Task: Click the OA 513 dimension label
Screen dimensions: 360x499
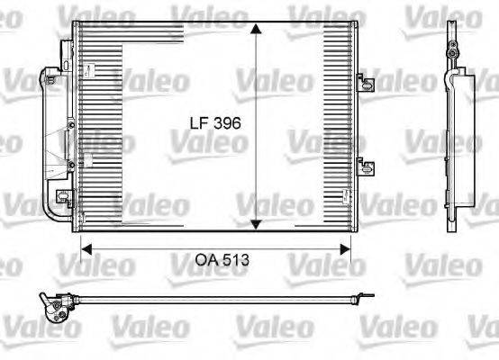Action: click(x=222, y=259)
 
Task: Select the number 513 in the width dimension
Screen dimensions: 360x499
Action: click(x=235, y=259)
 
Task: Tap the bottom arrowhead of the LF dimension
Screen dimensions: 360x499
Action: click(x=257, y=224)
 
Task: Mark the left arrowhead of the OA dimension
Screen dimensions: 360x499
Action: click(x=87, y=244)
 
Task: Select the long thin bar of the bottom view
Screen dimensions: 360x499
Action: click(x=216, y=301)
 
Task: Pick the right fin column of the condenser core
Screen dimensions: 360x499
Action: click(x=336, y=126)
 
